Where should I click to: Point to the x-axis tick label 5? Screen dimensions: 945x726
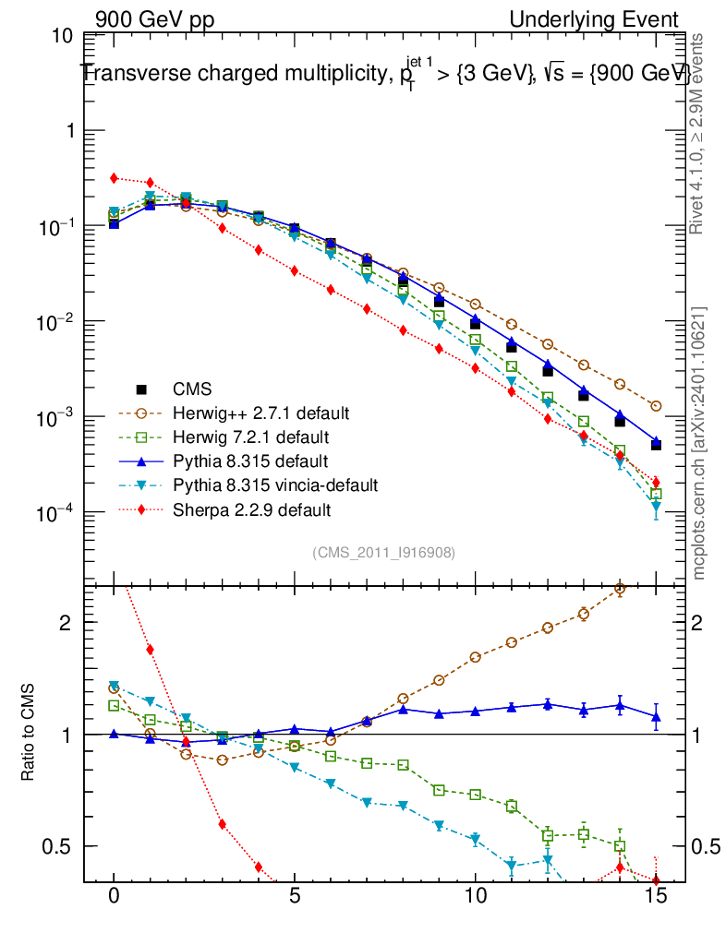click(295, 897)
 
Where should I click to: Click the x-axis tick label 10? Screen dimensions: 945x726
click(475, 897)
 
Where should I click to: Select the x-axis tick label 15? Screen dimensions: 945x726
click(656, 897)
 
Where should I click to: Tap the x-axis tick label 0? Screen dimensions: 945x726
click(114, 897)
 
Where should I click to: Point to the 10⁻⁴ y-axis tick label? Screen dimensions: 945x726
click(56, 513)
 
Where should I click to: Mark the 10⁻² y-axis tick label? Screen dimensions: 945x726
click(56, 322)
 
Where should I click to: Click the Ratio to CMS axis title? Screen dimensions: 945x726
click(29, 735)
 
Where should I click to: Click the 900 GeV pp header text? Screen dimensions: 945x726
click(153, 19)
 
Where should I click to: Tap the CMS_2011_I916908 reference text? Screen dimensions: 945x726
click(383, 552)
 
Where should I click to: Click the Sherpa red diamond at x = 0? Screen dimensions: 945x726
click(114, 178)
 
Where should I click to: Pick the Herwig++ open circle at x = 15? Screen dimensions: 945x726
click(656, 406)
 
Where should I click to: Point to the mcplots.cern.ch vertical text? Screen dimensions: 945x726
click(700, 443)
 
